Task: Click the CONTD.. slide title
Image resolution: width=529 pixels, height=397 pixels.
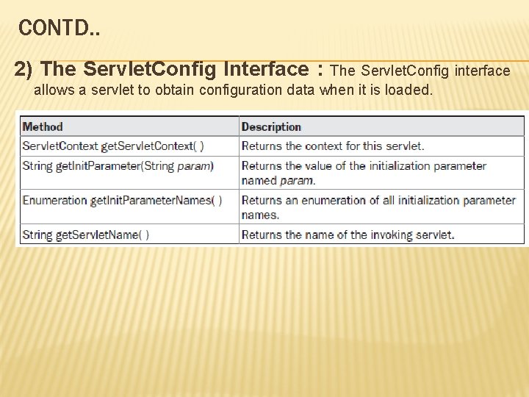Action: [60, 29]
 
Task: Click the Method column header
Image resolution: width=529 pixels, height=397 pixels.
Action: [43, 126]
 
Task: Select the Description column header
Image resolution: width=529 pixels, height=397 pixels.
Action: [271, 126]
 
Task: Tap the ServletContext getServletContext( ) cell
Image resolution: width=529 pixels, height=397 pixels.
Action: [113, 146]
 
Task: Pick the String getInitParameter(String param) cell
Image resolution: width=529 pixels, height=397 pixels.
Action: [118, 165]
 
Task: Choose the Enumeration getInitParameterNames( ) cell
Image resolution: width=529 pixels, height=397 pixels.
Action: [122, 200]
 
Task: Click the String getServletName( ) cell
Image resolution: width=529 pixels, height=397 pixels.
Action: [85, 235]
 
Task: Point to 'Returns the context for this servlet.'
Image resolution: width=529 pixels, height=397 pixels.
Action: [333, 146]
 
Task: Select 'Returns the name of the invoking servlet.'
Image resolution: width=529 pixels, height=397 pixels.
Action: [348, 235]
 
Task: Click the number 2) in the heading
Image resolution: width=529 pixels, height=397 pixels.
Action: [24, 69]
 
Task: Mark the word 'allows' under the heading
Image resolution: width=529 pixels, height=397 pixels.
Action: [52, 90]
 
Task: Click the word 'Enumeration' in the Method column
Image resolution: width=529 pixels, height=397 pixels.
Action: [54, 200]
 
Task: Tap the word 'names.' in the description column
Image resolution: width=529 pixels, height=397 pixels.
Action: [260, 215]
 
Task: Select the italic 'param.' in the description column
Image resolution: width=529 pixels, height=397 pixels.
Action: [298, 180]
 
